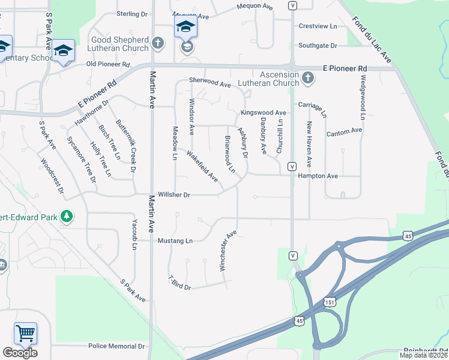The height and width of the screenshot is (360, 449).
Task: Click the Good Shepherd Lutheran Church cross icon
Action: [157, 43]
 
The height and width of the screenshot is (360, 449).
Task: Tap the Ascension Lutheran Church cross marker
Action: [307, 77]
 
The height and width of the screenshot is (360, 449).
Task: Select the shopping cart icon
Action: [25, 332]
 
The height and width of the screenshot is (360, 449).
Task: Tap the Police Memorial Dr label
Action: [117, 346]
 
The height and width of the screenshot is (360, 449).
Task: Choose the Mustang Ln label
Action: [175, 241]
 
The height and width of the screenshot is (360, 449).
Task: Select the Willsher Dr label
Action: [173, 194]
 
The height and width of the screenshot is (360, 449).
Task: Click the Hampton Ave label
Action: [318, 176]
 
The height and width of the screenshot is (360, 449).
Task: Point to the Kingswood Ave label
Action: [263, 113]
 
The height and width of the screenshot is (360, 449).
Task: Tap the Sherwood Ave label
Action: [209, 82]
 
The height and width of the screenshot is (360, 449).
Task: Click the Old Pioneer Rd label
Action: [108, 64]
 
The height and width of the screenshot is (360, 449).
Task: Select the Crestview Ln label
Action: [318, 26]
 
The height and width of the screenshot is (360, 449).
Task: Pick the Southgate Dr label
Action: [318, 45]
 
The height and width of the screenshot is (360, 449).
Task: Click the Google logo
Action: [20, 353]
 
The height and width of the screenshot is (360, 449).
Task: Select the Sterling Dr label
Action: [132, 14]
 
